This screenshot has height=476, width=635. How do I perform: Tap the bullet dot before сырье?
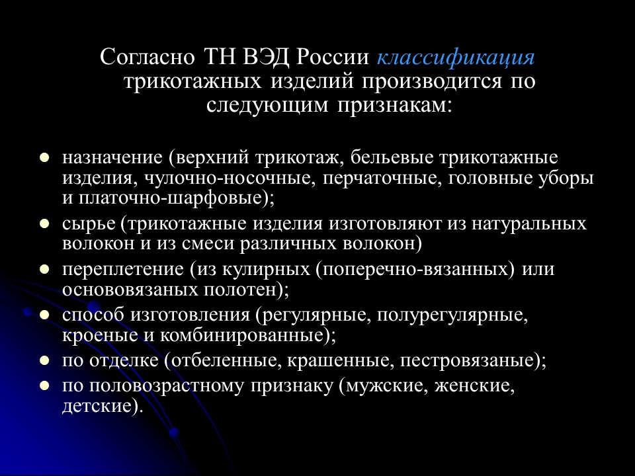pyautogui.click(x=44, y=224)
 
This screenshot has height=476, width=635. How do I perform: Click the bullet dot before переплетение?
pyautogui.click(x=44, y=270)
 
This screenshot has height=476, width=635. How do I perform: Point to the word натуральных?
pyautogui.click(x=529, y=224)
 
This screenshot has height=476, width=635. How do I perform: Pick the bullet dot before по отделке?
pyautogui.click(x=44, y=361)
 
